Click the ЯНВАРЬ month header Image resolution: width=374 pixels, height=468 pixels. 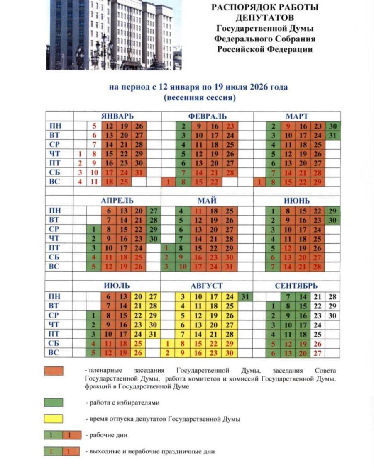tap(117, 116)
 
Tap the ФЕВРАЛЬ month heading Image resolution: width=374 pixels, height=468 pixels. tap(207, 116)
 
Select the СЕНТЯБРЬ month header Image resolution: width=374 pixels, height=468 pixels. tap(296, 286)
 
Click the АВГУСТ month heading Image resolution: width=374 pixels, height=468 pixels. tap(207, 286)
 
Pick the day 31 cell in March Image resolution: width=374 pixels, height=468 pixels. tap(333, 136)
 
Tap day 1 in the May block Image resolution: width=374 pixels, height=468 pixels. tap(166, 248)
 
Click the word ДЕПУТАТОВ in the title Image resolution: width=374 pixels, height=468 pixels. tap(264, 18)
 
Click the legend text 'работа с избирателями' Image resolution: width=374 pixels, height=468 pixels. tap(122, 403)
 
